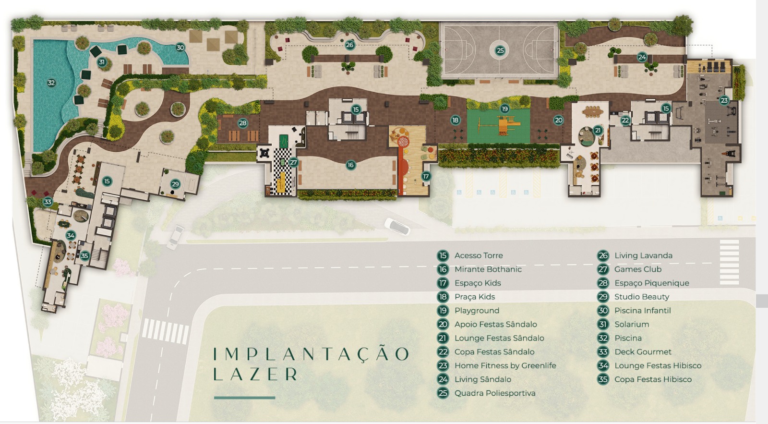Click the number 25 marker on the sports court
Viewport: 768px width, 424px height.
(x=500, y=51)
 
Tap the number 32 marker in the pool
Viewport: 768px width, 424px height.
(x=51, y=83)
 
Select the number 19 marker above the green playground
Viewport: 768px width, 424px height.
(x=504, y=109)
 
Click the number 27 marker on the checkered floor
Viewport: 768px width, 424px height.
(x=293, y=162)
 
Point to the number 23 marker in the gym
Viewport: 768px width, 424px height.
(x=724, y=100)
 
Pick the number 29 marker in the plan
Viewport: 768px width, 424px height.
(x=175, y=184)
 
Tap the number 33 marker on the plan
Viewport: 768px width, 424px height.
(x=48, y=202)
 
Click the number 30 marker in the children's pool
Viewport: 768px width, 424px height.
(x=180, y=48)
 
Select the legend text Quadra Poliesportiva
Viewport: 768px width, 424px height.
(x=495, y=393)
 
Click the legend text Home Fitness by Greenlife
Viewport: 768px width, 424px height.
(x=505, y=366)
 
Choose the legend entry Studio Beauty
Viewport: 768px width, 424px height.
(x=641, y=297)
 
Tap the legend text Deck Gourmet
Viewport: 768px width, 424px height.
(x=643, y=351)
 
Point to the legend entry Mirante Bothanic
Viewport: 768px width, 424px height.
(x=488, y=269)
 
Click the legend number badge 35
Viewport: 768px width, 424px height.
(x=603, y=379)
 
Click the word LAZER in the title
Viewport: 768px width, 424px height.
(x=255, y=374)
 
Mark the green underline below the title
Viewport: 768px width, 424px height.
(x=244, y=398)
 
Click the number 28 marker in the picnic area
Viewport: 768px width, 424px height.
(x=243, y=123)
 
